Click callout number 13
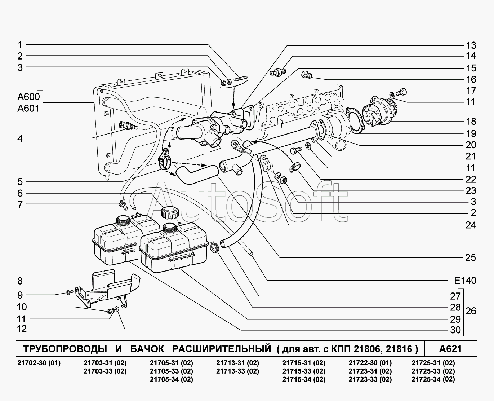point(471,45)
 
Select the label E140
point(465,281)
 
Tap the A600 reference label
point(28,97)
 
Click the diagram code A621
point(450,349)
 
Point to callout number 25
point(471,257)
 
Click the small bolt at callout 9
point(68,292)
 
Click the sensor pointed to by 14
point(278,72)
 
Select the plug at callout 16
point(306,75)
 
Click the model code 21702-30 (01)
point(39,363)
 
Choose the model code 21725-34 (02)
point(433,379)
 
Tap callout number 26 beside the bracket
point(471,310)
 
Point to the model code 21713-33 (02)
point(237,371)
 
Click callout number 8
point(20,281)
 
